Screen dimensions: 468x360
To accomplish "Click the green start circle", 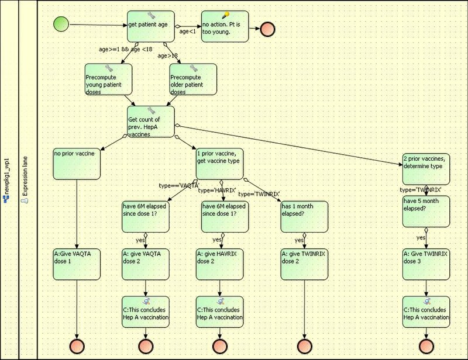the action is (x=61, y=24).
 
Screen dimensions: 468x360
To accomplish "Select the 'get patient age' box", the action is (x=151, y=26).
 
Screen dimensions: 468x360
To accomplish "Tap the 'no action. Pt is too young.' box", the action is (x=225, y=26).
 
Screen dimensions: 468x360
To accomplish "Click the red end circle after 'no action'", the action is (x=267, y=29).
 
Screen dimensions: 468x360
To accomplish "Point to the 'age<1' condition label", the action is (x=187, y=31).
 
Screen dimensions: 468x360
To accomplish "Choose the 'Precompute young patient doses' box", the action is (x=108, y=79).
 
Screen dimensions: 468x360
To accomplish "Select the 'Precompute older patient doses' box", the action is (x=193, y=79).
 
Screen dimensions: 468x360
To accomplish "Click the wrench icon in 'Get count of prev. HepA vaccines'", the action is (x=152, y=111).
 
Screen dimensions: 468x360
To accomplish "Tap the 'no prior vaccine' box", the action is (x=77, y=164).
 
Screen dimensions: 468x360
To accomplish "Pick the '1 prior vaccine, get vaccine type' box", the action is (x=220, y=164).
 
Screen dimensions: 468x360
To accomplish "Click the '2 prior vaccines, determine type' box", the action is (x=426, y=169).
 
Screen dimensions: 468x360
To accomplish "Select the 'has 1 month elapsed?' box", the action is (x=304, y=217).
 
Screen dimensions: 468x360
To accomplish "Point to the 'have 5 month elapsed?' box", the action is (x=426, y=212).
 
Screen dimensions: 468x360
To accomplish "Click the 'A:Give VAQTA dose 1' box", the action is (x=77, y=265).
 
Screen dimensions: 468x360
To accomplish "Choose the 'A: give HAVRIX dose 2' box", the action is (x=220, y=265).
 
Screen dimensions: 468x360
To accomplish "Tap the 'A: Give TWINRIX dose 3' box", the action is (x=426, y=265).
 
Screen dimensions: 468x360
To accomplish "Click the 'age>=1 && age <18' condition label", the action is (x=125, y=49).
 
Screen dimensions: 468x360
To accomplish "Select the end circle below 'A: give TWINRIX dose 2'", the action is (x=304, y=347).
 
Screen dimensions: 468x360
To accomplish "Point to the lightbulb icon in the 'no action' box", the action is (x=226, y=15).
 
